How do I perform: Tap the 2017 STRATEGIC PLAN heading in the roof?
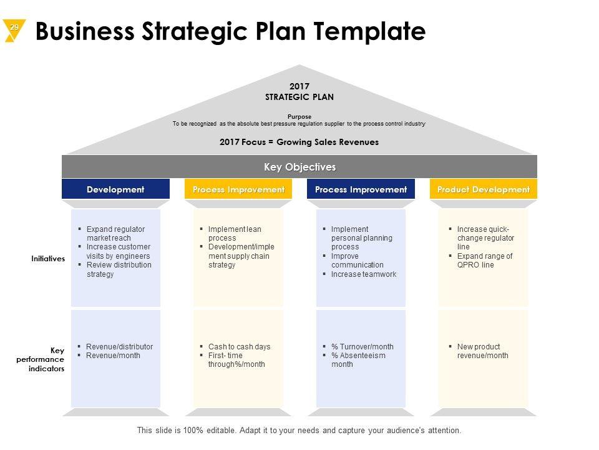tap(299, 91)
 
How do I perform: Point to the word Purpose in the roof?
tap(299, 117)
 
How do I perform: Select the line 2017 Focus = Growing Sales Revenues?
tap(299, 142)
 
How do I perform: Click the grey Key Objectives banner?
tap(299, 167)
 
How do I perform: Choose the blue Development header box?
tap(115, 189)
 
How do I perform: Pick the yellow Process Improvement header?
tap(238, 189)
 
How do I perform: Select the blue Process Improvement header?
tap(361, 189)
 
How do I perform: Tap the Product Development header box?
tap(484, 189)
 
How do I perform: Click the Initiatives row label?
tap(49, 258)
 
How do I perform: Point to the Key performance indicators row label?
tap(44, 359)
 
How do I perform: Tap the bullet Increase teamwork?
tap(363, 274)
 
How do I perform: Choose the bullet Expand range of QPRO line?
tap(484, 261)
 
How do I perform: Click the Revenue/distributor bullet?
tap(119, 347)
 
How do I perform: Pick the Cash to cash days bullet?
tap(239, 347)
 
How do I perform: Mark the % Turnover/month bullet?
tap(362, 347)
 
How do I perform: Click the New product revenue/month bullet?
tap(482, 351)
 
